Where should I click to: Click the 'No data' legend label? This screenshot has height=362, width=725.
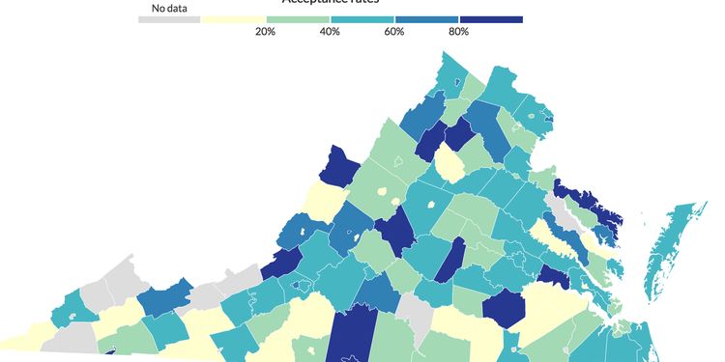169,9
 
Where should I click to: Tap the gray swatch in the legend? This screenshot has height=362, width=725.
169,19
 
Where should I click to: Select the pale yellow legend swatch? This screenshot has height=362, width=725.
233,19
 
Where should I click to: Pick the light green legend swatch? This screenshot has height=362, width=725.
297,19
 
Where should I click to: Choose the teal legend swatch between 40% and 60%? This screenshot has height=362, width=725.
362,19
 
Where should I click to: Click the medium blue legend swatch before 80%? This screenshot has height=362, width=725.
426,19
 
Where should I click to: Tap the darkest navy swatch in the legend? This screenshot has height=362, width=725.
491,19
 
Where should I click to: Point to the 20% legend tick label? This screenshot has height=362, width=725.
265,32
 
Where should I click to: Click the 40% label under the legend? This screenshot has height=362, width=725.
330,32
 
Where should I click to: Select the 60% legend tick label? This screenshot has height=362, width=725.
394,32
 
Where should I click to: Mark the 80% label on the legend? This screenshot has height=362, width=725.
459,32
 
